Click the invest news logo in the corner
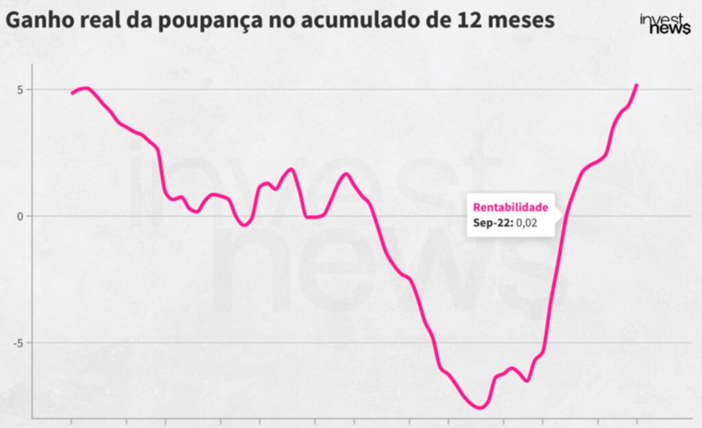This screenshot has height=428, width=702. pos(664,24)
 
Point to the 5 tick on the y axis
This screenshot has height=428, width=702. pos(21,90)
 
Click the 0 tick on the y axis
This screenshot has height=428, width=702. pos(21,216)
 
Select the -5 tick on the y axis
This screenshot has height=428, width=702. pos(19,343)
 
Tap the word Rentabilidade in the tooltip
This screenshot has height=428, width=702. pos(511,207)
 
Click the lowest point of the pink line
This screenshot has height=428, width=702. pos(479,407)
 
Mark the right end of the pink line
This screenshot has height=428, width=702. pos(637,85)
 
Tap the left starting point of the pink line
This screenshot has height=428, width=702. pos(72,93)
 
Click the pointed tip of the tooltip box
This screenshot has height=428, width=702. pos(564,216)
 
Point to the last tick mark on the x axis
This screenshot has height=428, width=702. pos(638,420)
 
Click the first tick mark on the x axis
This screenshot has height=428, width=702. pos(71,420)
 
